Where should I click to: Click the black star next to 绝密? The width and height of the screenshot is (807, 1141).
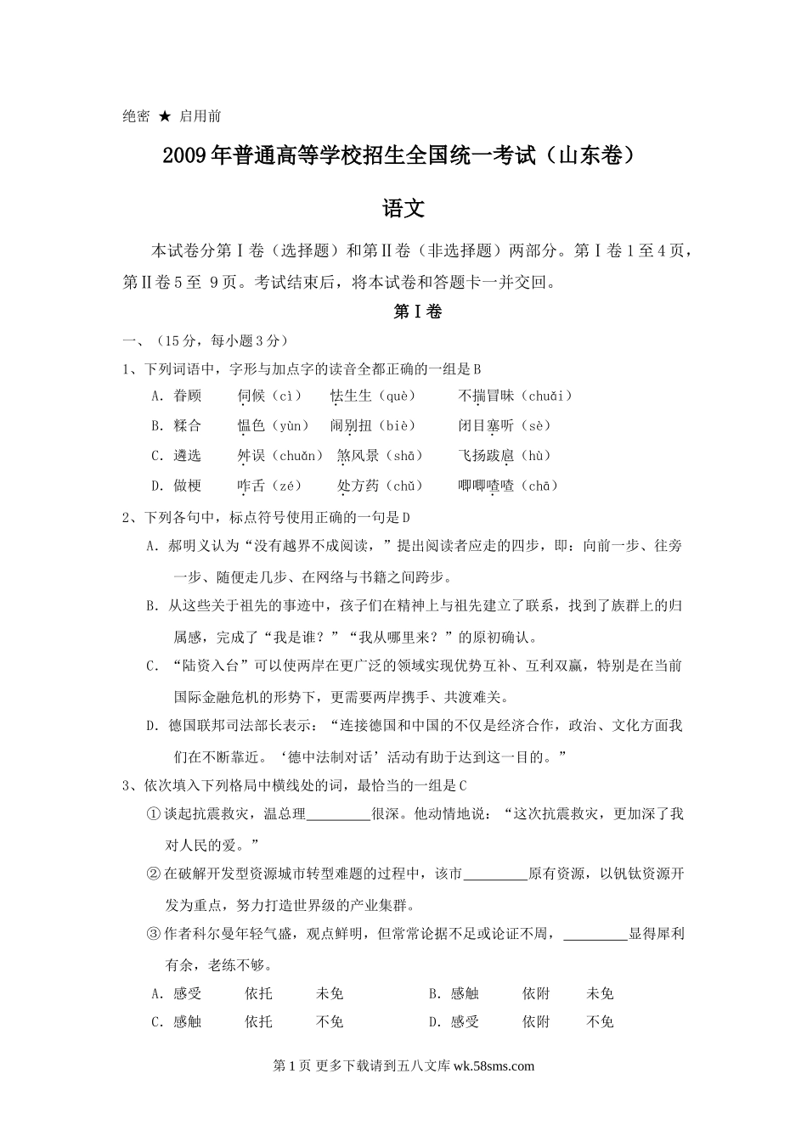tap(165, 116)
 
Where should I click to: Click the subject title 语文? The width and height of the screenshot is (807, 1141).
tap(403, 208)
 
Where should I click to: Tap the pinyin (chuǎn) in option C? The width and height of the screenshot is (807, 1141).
tap(296, 456)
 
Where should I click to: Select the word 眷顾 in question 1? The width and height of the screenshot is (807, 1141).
tap(188, 396)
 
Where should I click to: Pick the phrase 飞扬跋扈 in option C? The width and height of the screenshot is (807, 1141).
tap(486, 456)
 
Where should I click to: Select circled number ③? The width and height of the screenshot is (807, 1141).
tap(153, 934)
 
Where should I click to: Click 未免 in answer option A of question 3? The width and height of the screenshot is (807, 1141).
tap(330, 993)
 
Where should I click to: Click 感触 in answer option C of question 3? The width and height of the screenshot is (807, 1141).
tap(188, 1022)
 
